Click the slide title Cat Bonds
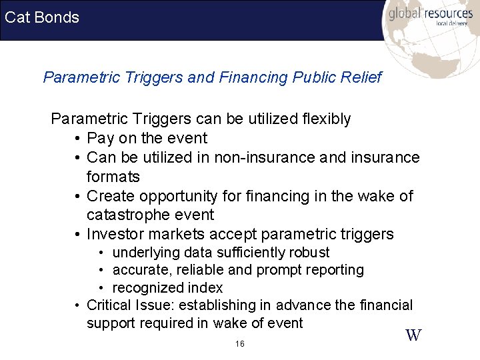[x=41, y=17]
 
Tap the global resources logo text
[x=430, y=13]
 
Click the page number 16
[x=240, y=344]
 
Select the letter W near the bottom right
[x=413, y=335]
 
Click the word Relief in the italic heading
[x=360, y=77]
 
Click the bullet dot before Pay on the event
[x=78, y=139]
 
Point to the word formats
[x=113, y=177]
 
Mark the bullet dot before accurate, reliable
[x=103, y=271]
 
